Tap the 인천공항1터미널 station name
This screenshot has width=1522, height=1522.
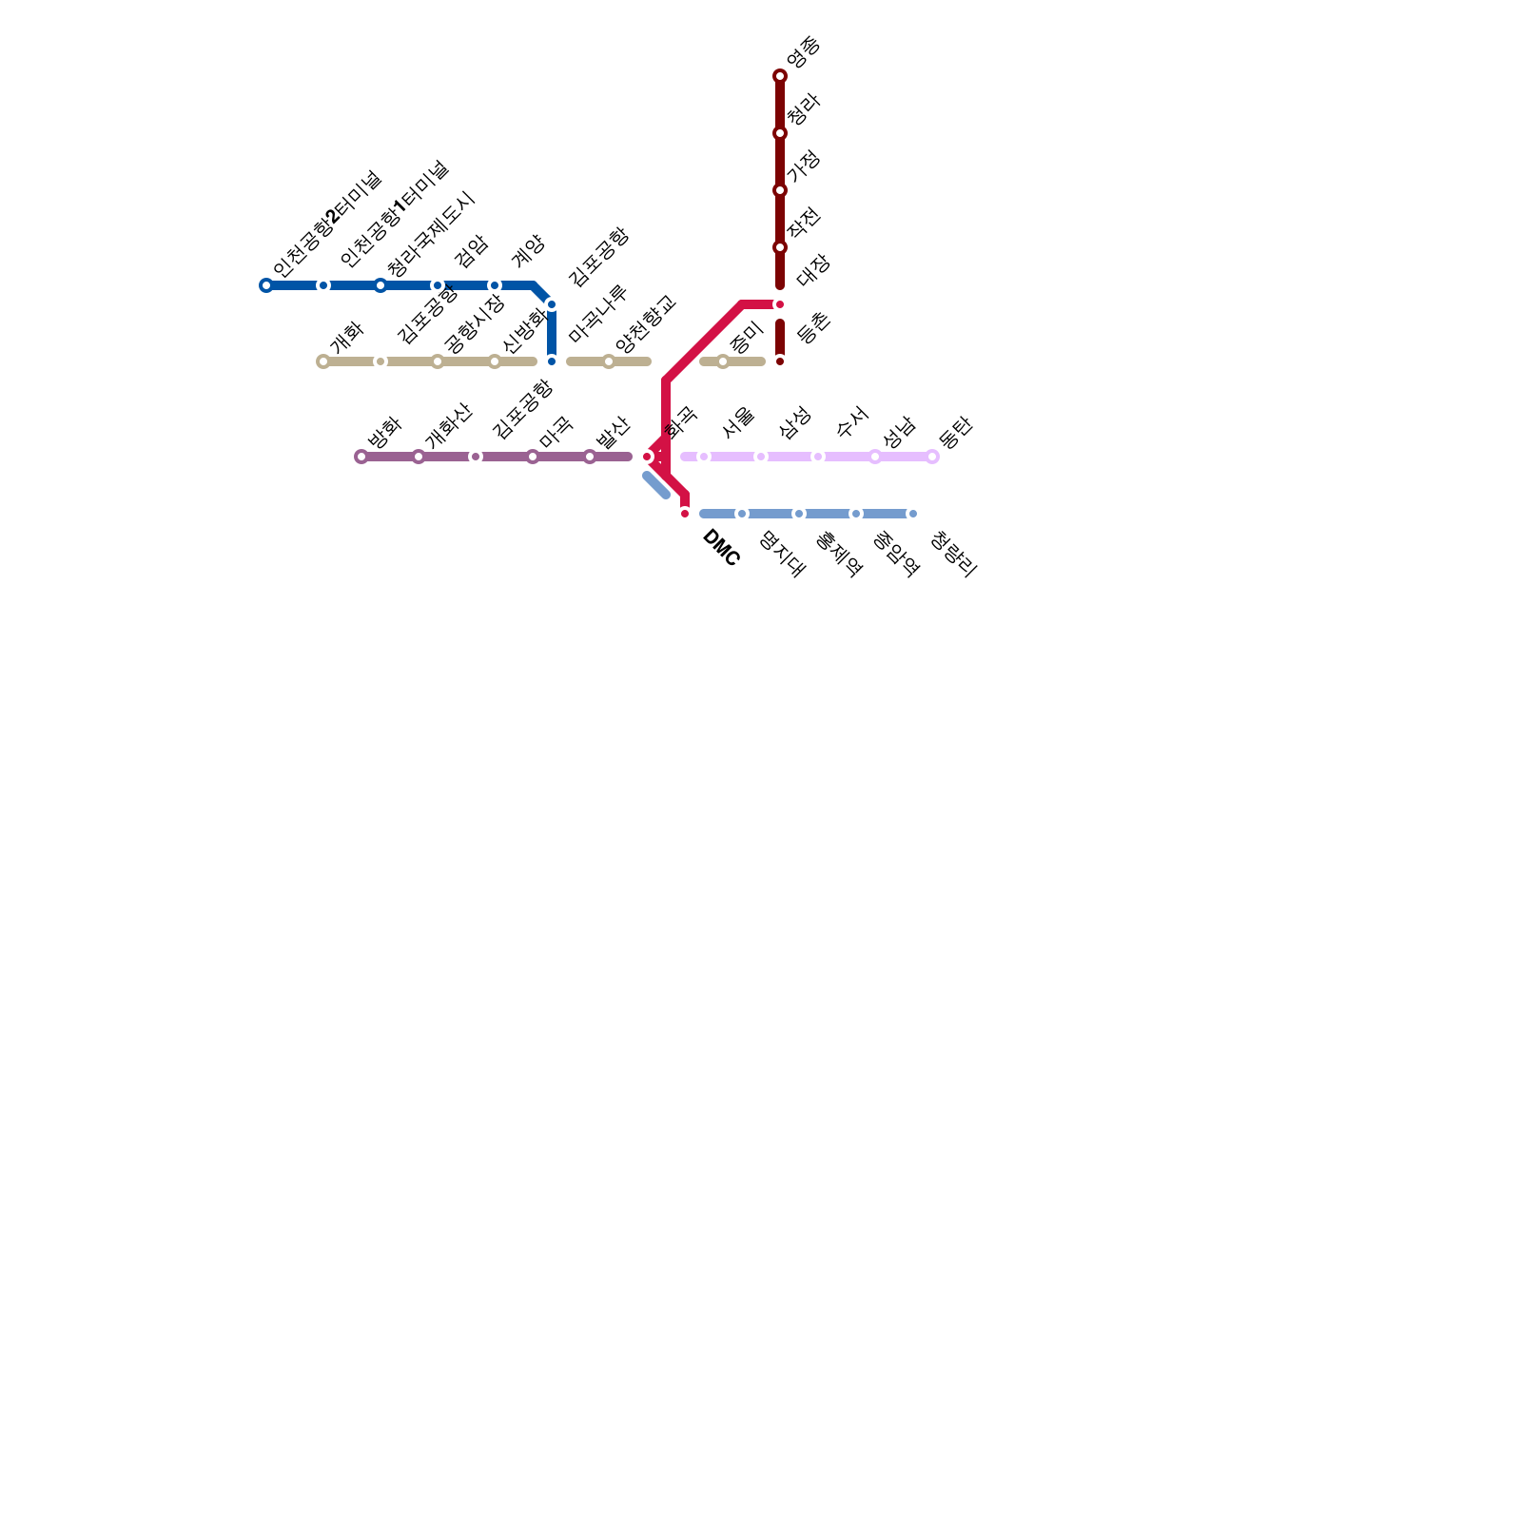pyautogui.click(x=393, y=214)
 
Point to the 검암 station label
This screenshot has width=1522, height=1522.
pyautogui.click(x=472, y=250)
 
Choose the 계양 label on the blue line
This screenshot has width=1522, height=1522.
pyautogui.click(x=528, y=250)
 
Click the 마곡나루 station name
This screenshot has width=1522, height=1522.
pyautogui.click(x=597, y=313)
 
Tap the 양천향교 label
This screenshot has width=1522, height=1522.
pyautogui.click(x=645, y=323)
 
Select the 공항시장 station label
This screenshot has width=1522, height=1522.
pyautogui.click(x=474, y=324)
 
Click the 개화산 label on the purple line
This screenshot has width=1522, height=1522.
pyautogui.click(x=447, y=426)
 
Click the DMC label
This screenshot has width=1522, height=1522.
pyautogui.click(x=720, y=549)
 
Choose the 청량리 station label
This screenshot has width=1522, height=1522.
pyautogui.click(x=953, y=555)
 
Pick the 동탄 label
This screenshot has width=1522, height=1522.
pyautogui.click(x=955, y=433)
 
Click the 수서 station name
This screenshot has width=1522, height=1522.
pyautogui.click(x=852, y=421)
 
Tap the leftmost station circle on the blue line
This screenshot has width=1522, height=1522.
pyautogui.click(x=266, y=285)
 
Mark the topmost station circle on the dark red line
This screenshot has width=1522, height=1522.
pyautogui.click(x=780, y=76)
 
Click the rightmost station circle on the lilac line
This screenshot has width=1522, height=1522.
pyautogui.click(x=932, y=457)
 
